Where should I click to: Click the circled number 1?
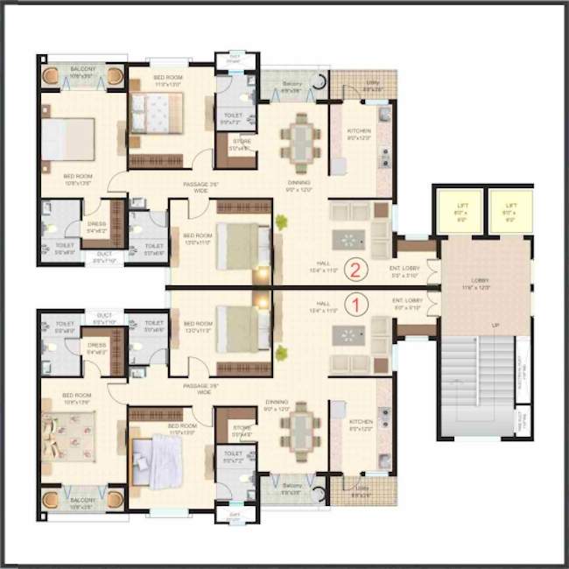[355, 305]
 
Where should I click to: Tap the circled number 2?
[355, 269]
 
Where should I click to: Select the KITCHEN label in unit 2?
[360, 132]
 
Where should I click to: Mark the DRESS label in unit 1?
[97, 346]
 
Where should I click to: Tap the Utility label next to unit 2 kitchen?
[372, 86]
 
